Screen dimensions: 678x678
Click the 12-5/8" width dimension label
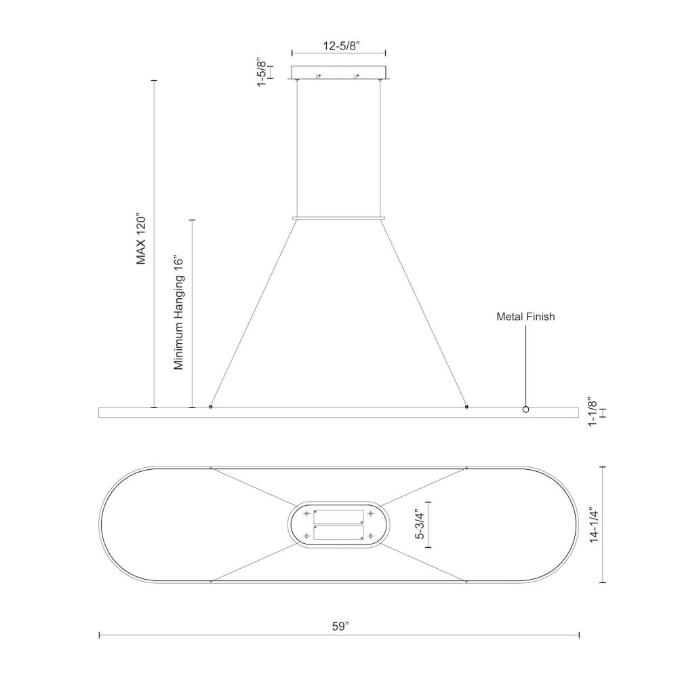342,46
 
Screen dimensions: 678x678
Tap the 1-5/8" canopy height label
262,71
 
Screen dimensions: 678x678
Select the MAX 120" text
142,238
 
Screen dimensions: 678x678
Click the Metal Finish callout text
525,317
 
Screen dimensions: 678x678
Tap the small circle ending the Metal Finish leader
526,410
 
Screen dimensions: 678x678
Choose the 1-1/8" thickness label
593,412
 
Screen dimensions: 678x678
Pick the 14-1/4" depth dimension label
595,525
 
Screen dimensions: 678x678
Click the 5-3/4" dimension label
420,525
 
